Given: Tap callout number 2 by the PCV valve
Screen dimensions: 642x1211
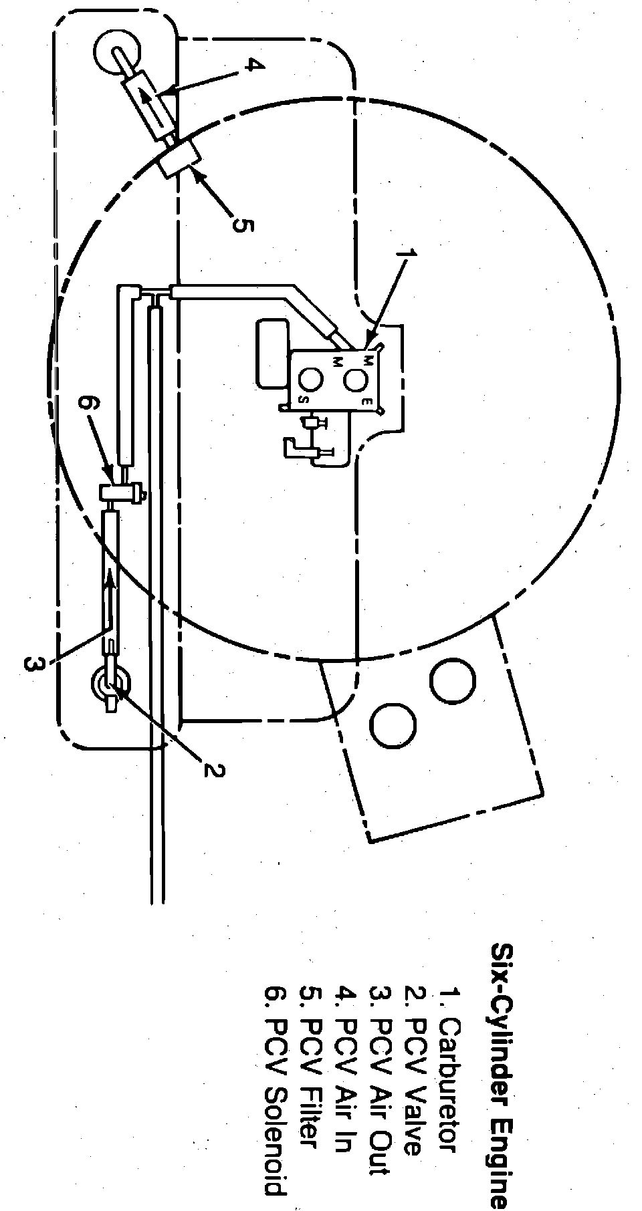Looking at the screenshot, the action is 213,770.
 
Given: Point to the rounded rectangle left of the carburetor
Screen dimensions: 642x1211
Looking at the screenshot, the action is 272,352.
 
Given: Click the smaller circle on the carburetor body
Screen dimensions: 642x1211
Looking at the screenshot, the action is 311,379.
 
